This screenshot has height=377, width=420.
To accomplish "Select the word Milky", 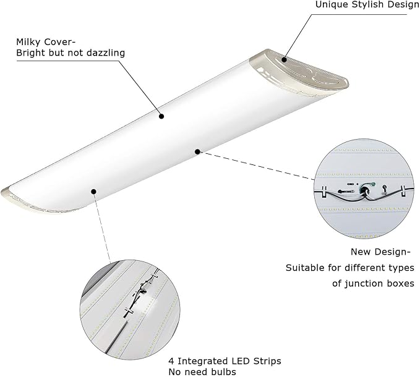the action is tap(28, 43).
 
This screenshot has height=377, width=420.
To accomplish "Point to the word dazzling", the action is tap(106, 53).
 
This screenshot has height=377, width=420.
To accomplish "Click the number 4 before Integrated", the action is tap(171, 361).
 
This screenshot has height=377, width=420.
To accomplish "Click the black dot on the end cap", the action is tap(285, 59).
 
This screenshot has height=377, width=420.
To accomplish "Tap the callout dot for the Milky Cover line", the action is tap(161, 116).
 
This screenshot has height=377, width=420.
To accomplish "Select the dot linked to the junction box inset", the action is tap(197, 151).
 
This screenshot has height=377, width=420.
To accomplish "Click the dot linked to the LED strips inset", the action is tap(93, 192).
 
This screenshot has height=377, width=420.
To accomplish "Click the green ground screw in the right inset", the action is tap(373, 184).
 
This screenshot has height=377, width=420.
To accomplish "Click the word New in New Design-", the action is tap(361, 252).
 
